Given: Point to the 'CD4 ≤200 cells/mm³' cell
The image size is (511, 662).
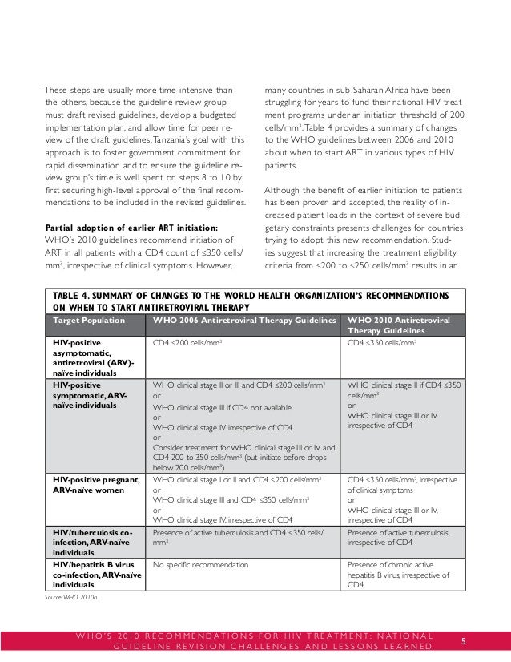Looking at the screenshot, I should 186,342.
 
